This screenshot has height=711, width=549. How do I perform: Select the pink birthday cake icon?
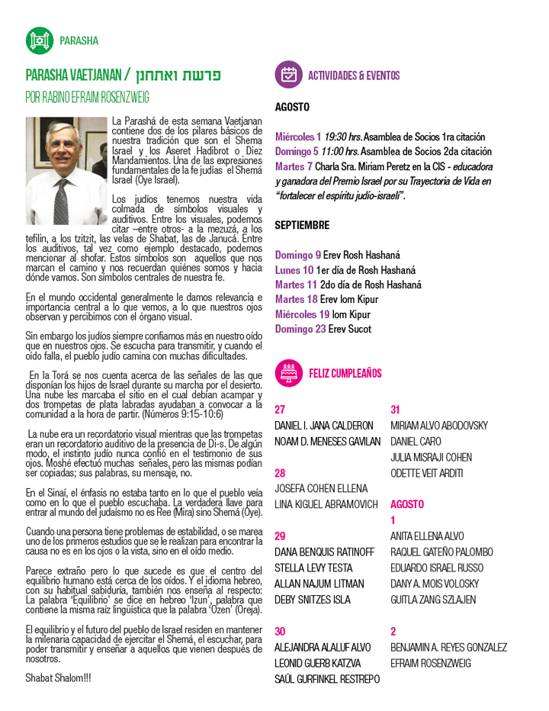[x=288, y=373]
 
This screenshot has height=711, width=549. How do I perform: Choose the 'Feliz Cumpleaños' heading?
[x=345, y=373]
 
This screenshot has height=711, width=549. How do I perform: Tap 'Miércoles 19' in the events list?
[x=303, y=314]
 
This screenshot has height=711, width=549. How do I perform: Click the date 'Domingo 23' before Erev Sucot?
[x=301, y=329]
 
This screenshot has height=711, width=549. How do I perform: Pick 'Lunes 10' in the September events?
[x=294, y=269]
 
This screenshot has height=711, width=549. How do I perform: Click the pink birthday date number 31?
[x=396, y=409]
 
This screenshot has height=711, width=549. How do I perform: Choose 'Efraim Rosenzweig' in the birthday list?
[x=431, y=663]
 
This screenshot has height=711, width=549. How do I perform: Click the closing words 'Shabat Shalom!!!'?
[x=58, y=677]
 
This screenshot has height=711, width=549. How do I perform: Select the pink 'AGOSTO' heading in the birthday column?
[x=408, y=504]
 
